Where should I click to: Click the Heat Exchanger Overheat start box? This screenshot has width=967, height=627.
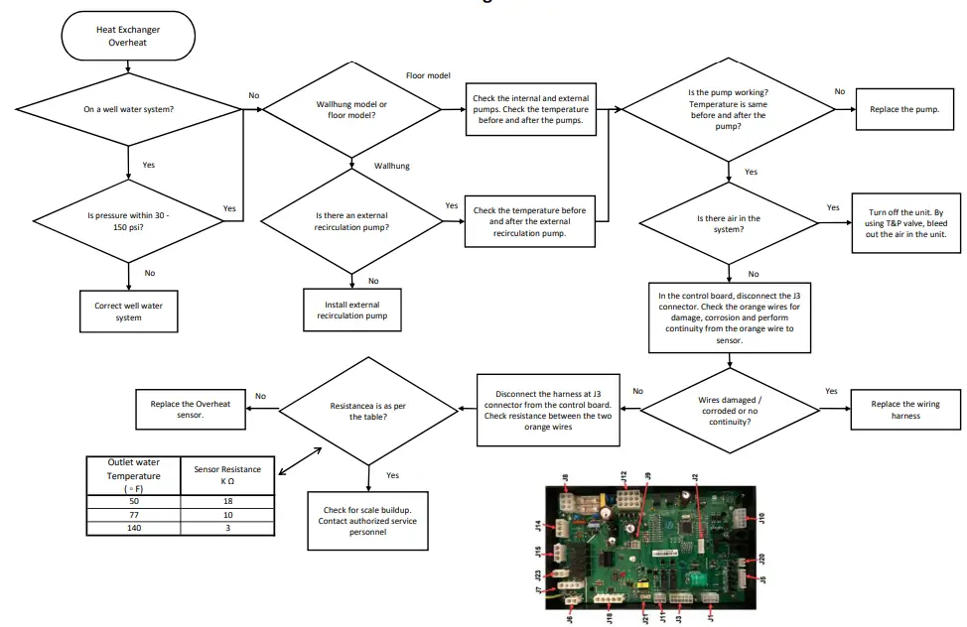[x=126, y=37]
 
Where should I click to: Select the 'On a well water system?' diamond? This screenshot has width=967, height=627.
[x=129, y=109]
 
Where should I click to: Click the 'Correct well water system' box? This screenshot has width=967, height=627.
[x=129, y=312]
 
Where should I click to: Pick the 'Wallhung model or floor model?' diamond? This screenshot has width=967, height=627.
[x=351, y=110]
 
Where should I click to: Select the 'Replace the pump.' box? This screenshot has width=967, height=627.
[x=904, y=109]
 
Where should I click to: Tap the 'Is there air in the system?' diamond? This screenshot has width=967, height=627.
[x=729, y=223]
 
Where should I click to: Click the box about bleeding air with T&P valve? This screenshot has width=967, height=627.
[x=906, y=222]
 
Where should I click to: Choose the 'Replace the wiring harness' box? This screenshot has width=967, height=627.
[x=905, y=410]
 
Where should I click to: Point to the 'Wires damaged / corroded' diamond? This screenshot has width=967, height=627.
[x=730, y=409]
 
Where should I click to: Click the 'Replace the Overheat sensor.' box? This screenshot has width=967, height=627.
[x=191, y=409]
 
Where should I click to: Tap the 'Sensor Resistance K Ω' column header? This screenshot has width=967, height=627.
[x=227, y=474]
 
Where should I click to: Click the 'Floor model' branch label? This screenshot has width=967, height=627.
[x=429, y=75]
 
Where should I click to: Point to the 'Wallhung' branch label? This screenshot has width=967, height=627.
[x=391, y=166]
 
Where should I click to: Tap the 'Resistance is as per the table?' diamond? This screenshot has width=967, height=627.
[x=369, y=410]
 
